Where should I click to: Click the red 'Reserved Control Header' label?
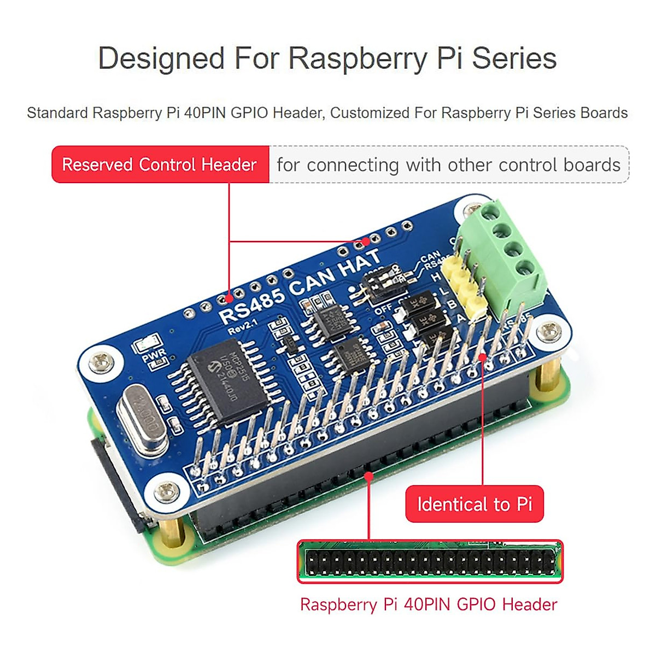click(160, 165)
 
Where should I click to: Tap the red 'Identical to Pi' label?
click(474, 504)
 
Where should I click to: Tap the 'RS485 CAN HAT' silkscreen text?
click(298, 287)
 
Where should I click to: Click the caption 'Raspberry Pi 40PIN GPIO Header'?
click(429, 605)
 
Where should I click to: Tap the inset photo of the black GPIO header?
click(430, 562)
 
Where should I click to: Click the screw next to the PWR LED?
click(100, 362)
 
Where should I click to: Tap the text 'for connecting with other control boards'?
click(448, 165)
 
